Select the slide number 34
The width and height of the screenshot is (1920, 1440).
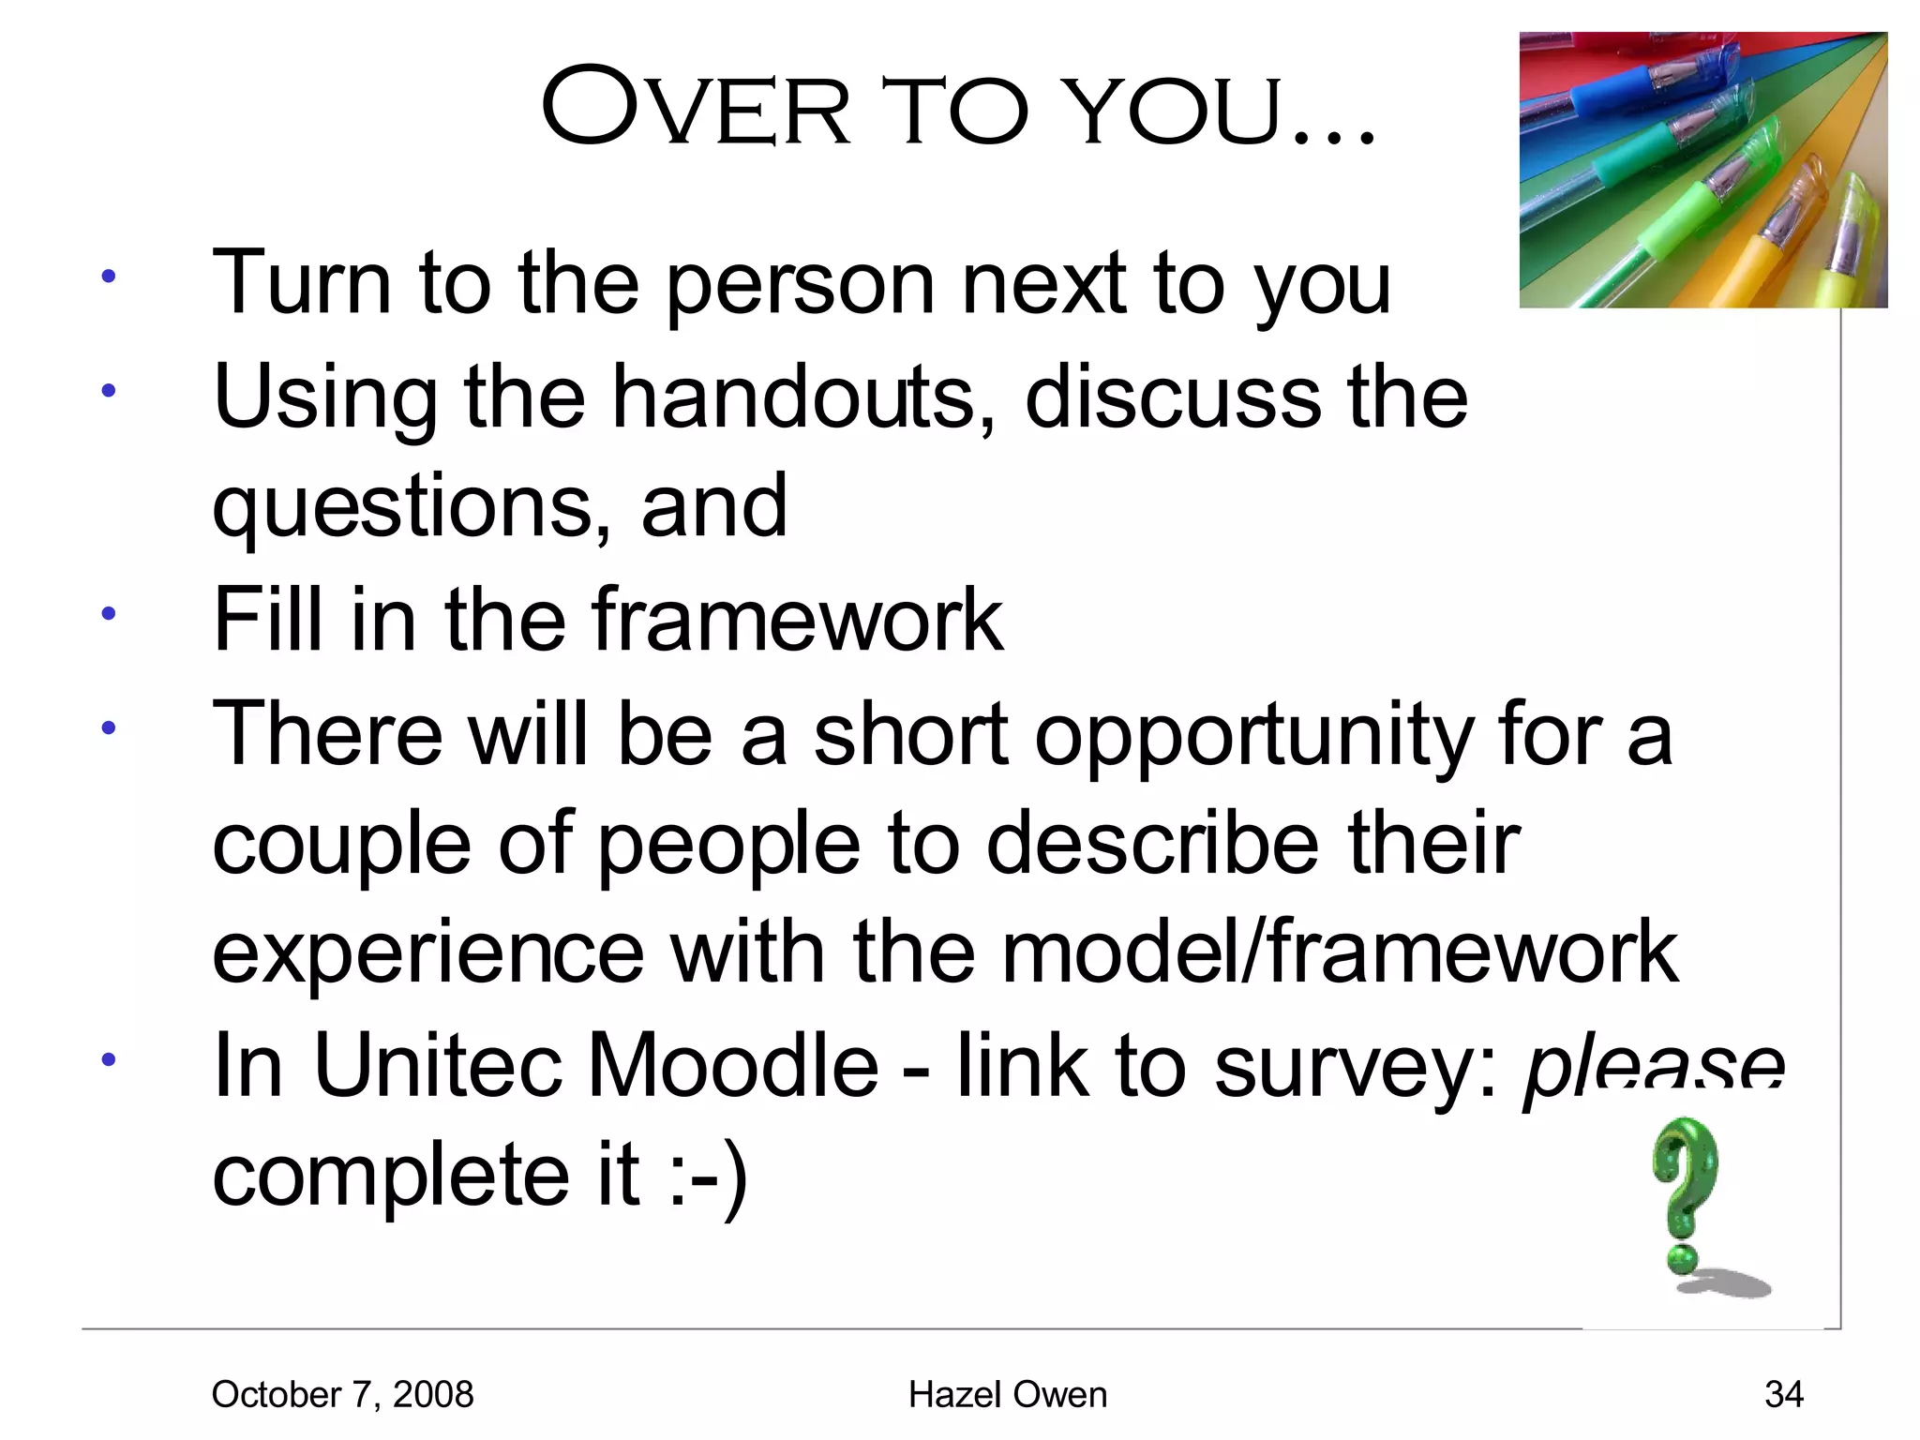[x=1783, y=1394]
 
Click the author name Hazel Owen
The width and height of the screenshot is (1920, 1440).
[x=1007, y=1394]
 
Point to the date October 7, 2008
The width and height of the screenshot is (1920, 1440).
[x=342, y=1394]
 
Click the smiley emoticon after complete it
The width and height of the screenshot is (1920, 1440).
[x=710, y=1176]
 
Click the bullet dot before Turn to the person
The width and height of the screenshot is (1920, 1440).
[x=109, y=277]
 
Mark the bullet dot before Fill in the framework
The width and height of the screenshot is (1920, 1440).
[x=109, y=614]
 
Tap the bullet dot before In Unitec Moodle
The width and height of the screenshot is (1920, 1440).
[x=109, y=1060]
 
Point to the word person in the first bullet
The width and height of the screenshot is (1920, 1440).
[x=800, y=286]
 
